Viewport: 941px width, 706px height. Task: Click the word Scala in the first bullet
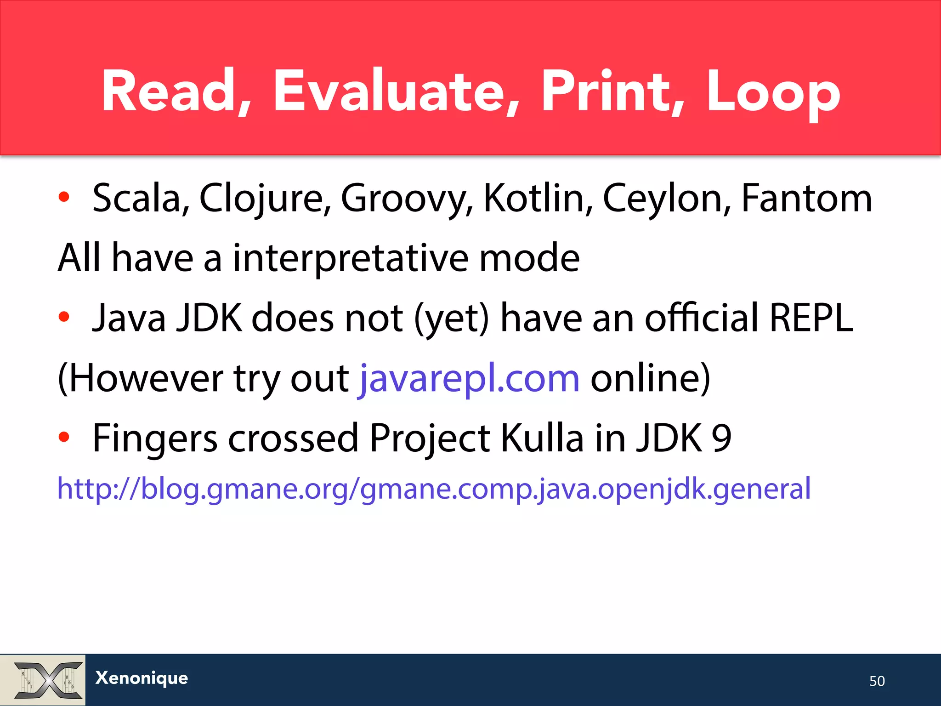[141, 198]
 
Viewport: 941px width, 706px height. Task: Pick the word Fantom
[807, 198]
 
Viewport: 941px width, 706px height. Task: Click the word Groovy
[407, 198]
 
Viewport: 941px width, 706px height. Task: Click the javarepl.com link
[469, 378]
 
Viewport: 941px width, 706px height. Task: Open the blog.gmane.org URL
[434, 488]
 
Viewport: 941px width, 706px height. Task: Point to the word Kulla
[542, 438]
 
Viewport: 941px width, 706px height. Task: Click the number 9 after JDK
[721, 438]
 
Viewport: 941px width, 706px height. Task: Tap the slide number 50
[877, 681]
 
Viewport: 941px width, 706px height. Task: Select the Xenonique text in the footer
[142, 678]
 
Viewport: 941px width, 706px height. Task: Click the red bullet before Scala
[64, 198]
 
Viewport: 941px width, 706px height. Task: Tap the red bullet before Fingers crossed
[64, 437]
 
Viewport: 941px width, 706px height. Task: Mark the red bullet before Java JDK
[64, 317]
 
